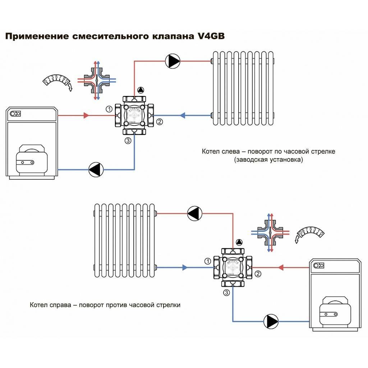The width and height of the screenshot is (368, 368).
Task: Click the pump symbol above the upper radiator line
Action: (x=172, y=61)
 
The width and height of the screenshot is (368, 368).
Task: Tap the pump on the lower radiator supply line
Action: (x=194, y=213)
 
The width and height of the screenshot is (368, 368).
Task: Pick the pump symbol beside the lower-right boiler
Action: (x=271, y=321)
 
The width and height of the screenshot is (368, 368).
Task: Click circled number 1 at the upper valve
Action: (x=108, y=109)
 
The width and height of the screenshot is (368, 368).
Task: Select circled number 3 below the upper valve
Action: (x=128, y=141)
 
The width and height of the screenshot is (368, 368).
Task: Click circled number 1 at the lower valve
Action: (x=207, y=261)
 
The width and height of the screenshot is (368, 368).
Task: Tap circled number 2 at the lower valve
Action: (x=258, y=274)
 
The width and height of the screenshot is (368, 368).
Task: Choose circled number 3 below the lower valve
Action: (x=226, y=293)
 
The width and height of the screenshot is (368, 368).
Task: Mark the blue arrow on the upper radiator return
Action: (x=182, y=116)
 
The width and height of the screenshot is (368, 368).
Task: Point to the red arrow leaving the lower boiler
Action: (x=281, y=267)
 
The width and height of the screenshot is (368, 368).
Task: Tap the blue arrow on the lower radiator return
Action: (x=184, y=267)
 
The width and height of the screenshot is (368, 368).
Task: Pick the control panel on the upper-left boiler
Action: (x=15, y=114)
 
